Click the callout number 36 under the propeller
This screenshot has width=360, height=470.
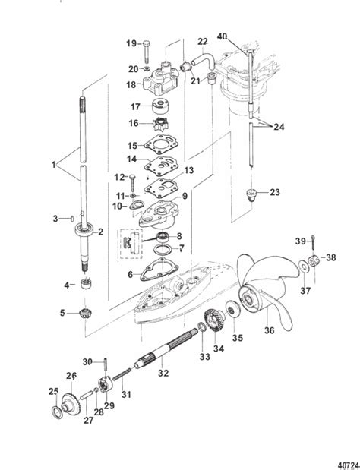[270, 330]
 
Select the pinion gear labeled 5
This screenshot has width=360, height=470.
[85, 315]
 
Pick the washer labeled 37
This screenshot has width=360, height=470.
[302, 266]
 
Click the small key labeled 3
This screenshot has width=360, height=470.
[73, 219]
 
